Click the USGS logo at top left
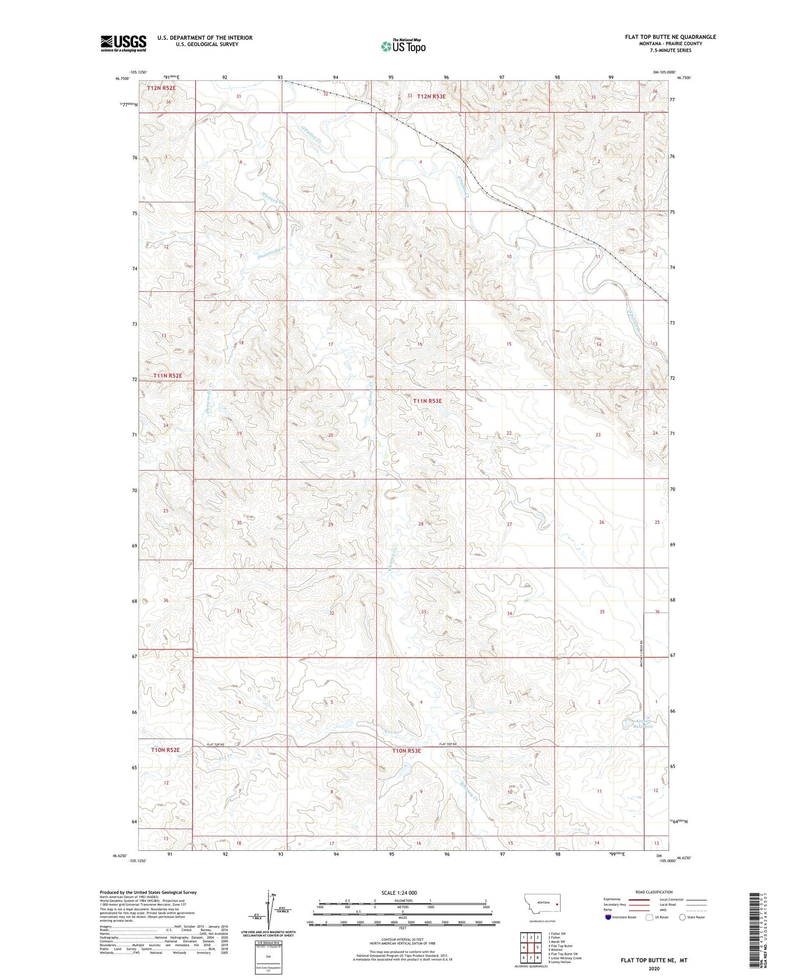click(x=123, y=43)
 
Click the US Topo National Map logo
click(x=402, y=46)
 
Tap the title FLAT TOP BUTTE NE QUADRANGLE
click(x=670, y=37)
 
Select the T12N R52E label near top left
click(x=161, y=88)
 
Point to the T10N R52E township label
click(x=166, y=750)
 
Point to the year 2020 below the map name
click(x=654, y=968)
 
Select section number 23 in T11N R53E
click(x=598, y=435)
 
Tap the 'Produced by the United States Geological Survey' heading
click(x=148, y=892)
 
